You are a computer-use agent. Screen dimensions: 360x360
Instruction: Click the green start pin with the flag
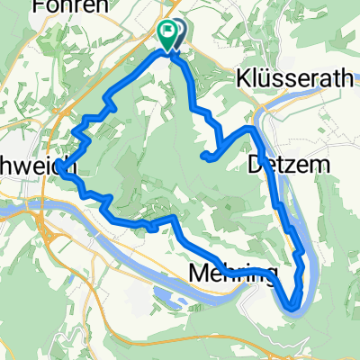coord(167,33)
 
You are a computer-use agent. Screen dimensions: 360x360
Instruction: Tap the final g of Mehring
coord(267,274)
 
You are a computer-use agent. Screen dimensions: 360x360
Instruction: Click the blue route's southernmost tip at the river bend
coord(294,308)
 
